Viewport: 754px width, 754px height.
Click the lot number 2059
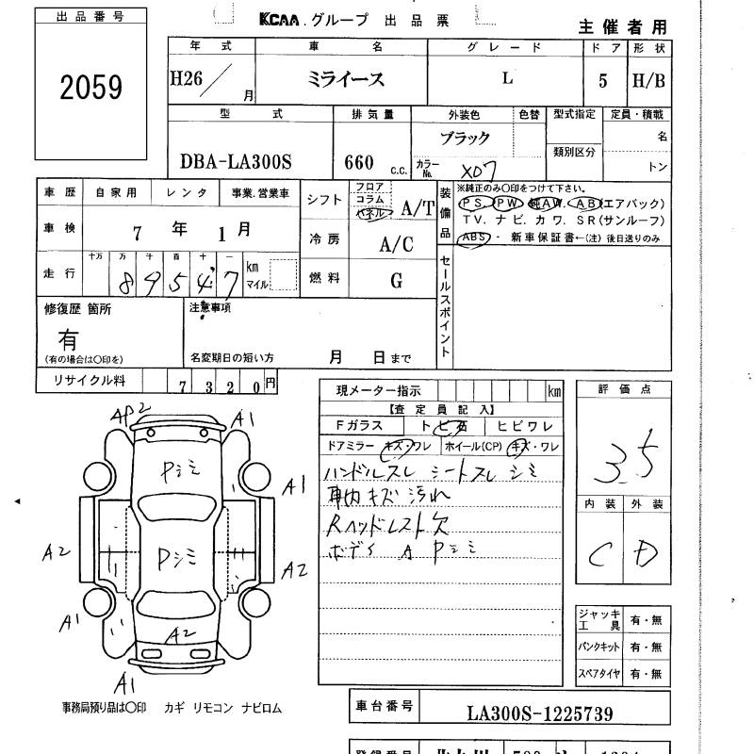tap(91, 89)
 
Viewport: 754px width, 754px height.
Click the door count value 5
tap(602, 80)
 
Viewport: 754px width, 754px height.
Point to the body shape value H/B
tap(648, 80)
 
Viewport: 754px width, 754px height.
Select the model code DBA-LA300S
tap(236, 161)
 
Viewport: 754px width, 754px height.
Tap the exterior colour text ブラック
tap(466, 138)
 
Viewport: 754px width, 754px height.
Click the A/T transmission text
tap(417, 207)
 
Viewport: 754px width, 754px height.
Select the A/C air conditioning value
tap(397, 244)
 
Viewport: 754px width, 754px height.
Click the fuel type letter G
tap(397, 280)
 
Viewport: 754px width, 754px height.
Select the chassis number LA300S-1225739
tap(539, 713)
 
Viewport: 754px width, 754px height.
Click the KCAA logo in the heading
tap(283, 20)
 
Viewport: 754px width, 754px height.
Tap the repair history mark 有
tap(69, 337)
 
